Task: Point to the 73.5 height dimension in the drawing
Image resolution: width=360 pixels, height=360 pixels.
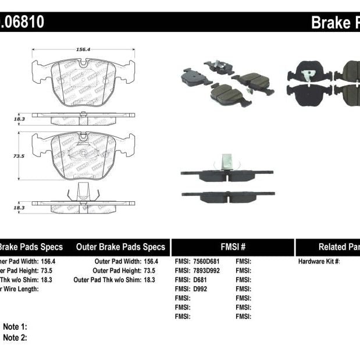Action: (x=19, y=156)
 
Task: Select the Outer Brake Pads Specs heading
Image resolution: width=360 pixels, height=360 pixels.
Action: (x=120, y=247)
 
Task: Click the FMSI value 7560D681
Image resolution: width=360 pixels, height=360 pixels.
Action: (x=208, y=262)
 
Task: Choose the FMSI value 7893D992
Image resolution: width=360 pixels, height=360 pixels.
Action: (x=208, y=270)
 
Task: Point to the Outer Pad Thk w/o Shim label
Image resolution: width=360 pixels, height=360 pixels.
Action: (x=111, y=280)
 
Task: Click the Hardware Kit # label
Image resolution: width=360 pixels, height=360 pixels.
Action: (x=319, y=262)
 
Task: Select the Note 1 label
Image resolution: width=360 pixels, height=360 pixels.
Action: (x=15, y=327)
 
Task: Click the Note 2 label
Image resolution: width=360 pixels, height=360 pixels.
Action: (x=15, y=337)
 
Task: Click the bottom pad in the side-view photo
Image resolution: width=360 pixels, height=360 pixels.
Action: (x=227, y=197)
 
